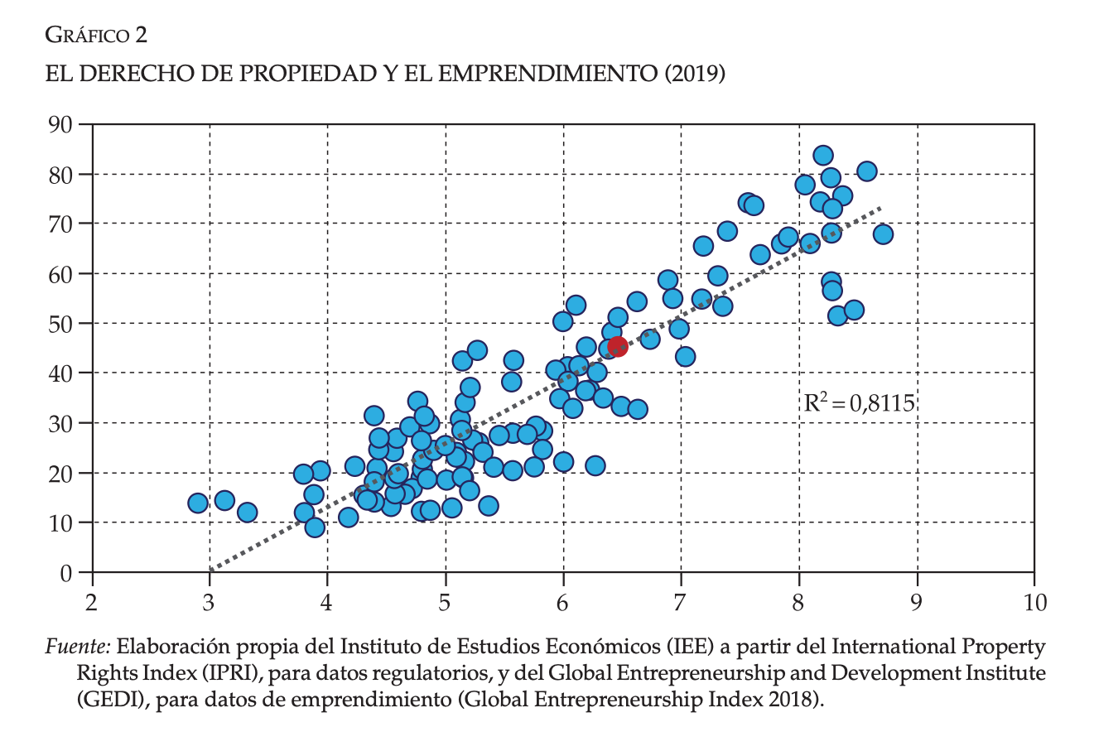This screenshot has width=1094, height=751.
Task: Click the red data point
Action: point(618,346)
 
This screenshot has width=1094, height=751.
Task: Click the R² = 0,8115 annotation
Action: point(859,403)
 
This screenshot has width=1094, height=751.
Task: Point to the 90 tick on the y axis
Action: point(63,125)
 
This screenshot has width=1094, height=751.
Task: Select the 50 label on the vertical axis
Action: point(63,324)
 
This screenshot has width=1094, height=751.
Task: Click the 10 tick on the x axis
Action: point(1034,603)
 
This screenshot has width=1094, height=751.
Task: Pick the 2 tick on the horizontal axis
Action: point(91,603)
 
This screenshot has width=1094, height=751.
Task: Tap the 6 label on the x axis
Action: point(563,603)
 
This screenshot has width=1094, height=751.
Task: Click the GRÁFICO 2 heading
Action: point(96,35)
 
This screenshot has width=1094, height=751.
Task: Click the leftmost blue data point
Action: point(197,503)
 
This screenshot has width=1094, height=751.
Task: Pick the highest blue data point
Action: point(822,156)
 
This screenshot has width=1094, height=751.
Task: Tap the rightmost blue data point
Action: point(883,234)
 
